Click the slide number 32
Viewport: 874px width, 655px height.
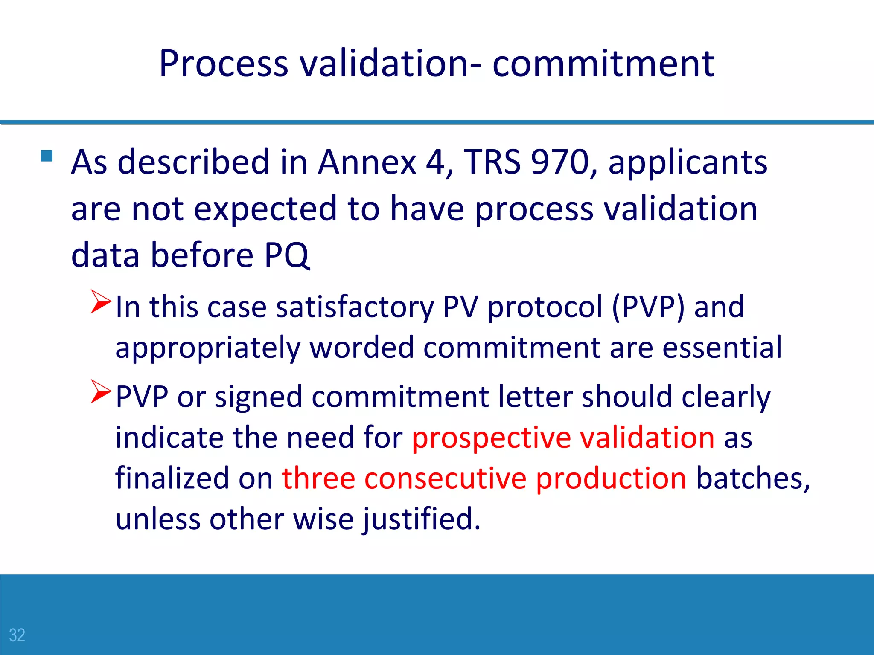point(17,635)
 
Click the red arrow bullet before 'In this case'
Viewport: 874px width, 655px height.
point(101,301)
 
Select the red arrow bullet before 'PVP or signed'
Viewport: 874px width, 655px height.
point(101,391)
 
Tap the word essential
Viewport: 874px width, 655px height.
point(722,347)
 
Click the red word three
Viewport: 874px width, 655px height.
point(318,478)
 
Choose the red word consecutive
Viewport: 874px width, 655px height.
point(445,478)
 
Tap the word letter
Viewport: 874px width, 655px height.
point(535,397)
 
